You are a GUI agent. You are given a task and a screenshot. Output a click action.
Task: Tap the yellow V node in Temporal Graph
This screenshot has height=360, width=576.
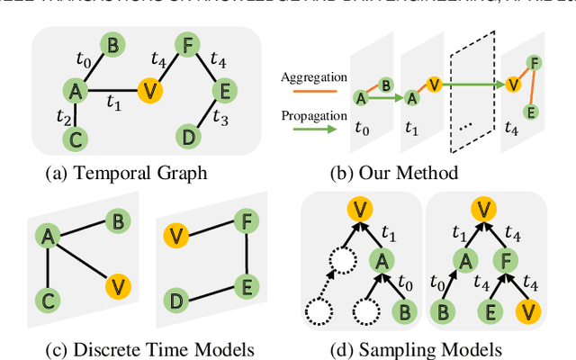coord(148,90)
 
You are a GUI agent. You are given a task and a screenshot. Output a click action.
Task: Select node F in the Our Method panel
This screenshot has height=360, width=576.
coord(535,64)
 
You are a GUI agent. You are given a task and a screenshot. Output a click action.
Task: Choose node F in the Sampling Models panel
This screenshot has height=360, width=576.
coord(508,260)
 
